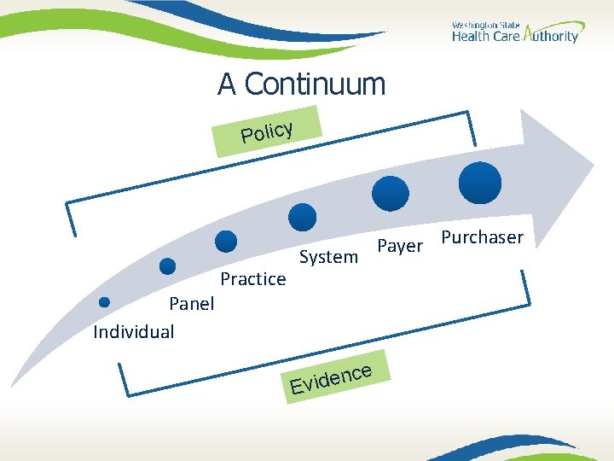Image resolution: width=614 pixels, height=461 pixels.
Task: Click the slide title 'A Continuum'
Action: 301,85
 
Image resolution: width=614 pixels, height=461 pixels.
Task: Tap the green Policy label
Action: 267,131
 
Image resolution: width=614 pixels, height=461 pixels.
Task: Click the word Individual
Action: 134,331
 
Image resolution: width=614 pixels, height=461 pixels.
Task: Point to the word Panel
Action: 192,304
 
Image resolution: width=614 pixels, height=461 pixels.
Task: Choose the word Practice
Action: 253,279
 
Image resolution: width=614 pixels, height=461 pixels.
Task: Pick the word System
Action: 328,257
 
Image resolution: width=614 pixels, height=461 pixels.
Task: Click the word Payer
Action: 400,246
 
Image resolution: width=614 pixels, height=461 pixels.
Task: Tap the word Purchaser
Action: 482,237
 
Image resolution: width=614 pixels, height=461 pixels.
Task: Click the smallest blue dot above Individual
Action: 104,301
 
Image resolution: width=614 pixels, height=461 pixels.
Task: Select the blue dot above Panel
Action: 168,266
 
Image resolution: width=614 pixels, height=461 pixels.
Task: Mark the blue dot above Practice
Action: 226,242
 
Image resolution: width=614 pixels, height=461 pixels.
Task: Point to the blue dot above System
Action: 303,217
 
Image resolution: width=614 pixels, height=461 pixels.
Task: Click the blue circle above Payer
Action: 393,193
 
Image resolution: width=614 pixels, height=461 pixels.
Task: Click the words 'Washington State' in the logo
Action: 484,26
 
